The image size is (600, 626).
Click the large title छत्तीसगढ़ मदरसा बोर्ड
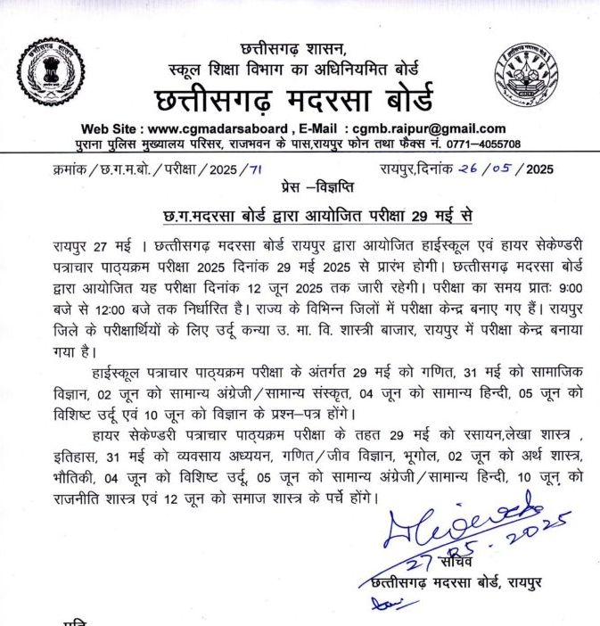click(293, 97)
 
